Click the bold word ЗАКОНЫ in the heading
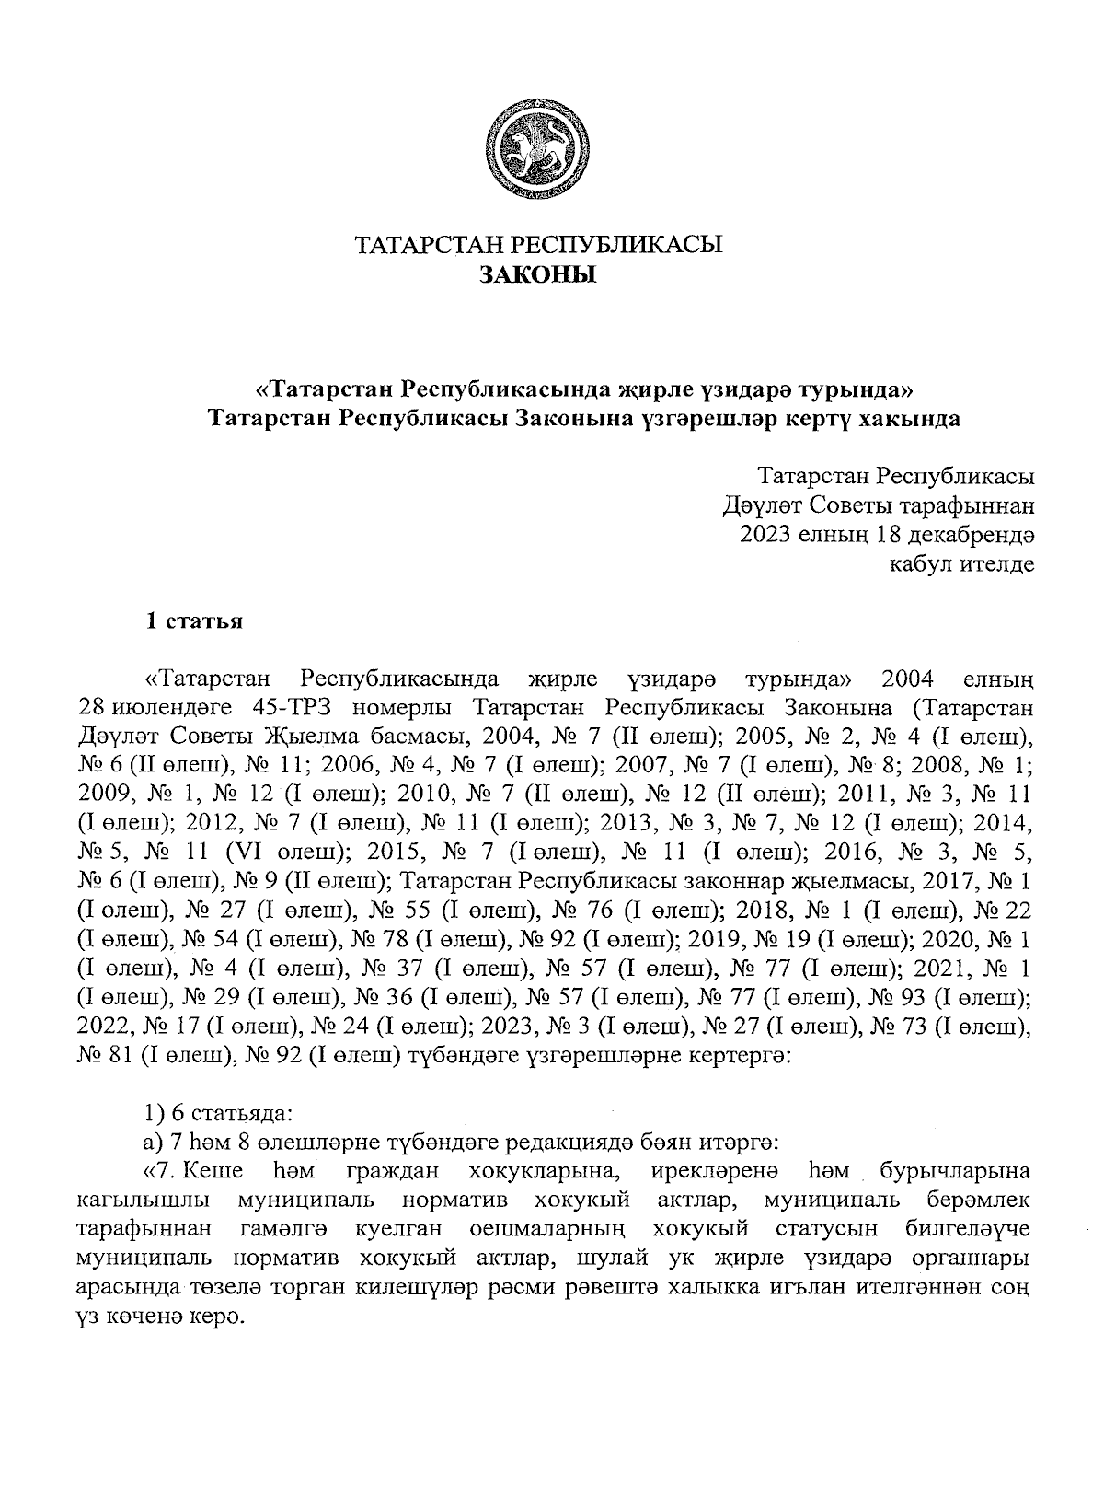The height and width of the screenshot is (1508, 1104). point(539,275)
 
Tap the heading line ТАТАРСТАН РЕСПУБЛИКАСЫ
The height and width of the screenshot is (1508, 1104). point(539,246)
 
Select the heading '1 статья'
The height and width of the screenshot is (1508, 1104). point(194,621)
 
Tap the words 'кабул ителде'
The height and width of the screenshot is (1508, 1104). point(960,563)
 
